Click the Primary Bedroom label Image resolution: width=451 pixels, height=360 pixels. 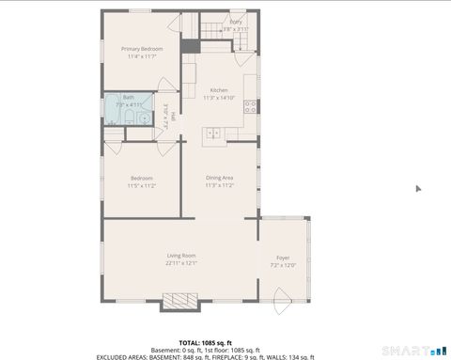pyautogui.click(x=141, y=49)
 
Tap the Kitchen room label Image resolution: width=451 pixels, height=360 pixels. pyautogui.click(x=219, y=89)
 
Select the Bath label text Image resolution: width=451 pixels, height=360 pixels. pyautogui.click(x=128, y=97)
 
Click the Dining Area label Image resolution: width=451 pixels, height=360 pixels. pyautogui.click(x=220, y=178)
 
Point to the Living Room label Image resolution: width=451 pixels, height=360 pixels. pyautogui.click(x=181, y=256)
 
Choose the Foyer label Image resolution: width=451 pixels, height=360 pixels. pyautogui.click(x=283, y=258)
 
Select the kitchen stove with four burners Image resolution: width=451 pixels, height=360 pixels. pyautogui.click(x=251, y=106)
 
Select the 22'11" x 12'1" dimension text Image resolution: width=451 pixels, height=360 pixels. pyautogui.click(x=181, y=263)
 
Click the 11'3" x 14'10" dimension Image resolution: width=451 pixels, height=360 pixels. pyautogui.click(x=219, y=97)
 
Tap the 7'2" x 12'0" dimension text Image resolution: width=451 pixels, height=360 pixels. pyautogui.click(x=283, y=265)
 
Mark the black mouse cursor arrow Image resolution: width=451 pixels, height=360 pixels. pyautogui.click(x=419, y=188)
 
